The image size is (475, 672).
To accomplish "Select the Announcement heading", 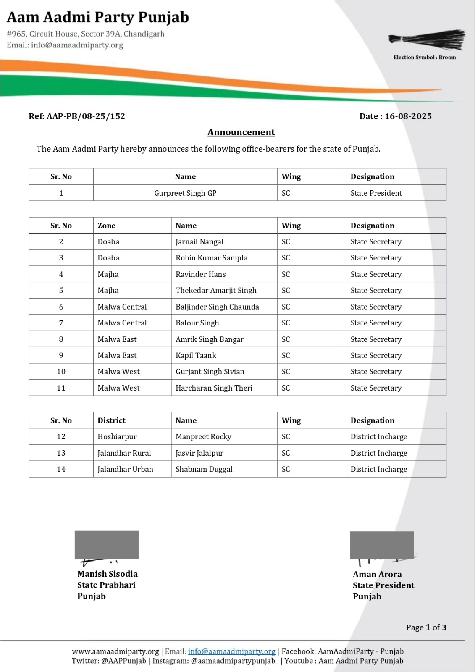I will pyautogui.click(x=241, y=132).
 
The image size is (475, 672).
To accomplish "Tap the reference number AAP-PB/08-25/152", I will pyautogui.click(x=86, y=116).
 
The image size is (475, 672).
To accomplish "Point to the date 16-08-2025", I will pyautogui.click(x=408, y=116).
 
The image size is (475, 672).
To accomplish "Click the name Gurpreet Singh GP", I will pyautogui.click(x=185, y=193).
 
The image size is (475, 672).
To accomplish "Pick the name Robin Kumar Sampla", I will pyautogui.click(x=211, y=258).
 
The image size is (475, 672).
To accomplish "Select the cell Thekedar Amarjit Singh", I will pyautogui.click(x=216, y=290).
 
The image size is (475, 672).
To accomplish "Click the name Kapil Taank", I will pyautogui.click(x=196, y=355).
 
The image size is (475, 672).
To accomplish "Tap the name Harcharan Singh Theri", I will pyautogui.click(x=214, y=388).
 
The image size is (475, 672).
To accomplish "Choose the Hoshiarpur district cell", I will pyautogui.click(x=117, y=437).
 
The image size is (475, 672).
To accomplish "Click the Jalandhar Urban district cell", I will pyautogui.click(x=125, y=469).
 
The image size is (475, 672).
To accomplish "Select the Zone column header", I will pyautogui.click(x=106, y=226).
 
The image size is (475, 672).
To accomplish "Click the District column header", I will pyautogui.click(x=111, y=420).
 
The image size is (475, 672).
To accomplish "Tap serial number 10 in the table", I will pyautogui.click(x=61, y=372).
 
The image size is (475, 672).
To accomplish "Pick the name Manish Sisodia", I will pyautogui.click(x=107, y=574).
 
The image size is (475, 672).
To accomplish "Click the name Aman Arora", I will pyautogui.click(x=377, y=574).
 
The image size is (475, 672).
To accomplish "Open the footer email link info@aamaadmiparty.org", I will pyautogui.click(x=231, y=651).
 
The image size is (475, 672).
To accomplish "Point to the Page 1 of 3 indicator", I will pyautogui.click(x=426, y=627).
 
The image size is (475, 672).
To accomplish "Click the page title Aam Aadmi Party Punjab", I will pyautogui.click(x=98, y=17).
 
